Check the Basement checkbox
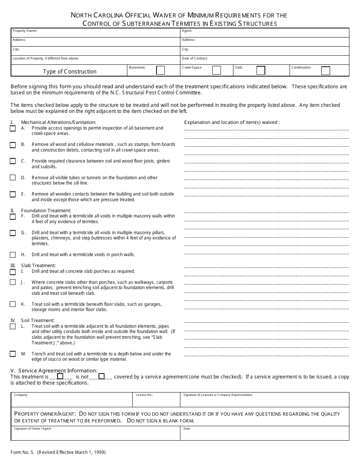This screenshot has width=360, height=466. (161, 70)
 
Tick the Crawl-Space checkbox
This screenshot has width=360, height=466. (216, 70)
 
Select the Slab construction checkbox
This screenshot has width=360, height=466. (261, 70)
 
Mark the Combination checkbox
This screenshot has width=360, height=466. (326, 71)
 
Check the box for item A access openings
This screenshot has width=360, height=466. (13, 128)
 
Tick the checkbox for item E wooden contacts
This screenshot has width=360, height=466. (13, 194)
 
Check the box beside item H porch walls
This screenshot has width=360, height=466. (13, 255)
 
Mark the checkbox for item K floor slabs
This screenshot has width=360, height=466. (13, 304)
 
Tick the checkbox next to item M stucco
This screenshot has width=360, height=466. (13, 354)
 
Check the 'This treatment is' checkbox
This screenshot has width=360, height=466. (60, 376)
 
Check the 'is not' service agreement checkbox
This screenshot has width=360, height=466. (102, 376)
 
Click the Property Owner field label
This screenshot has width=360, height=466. (25, 31)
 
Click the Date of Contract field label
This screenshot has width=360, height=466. (195, 59)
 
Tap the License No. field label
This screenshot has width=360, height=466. (144, 395)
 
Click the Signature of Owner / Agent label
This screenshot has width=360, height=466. (33, 428)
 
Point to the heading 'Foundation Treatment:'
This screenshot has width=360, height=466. (46, 211)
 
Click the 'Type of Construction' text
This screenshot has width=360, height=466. (70, 72)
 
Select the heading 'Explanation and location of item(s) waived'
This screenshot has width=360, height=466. (232, 122)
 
